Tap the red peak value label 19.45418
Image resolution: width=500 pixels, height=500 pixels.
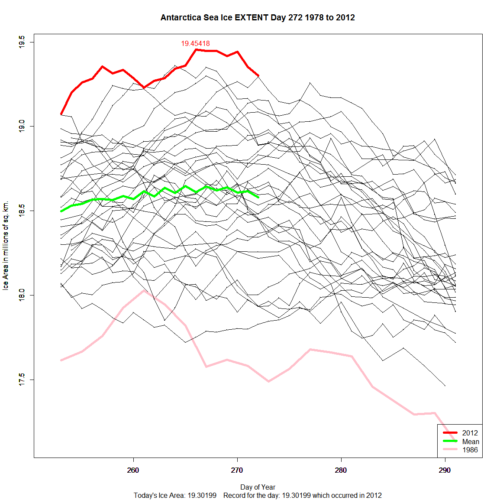click(195, 43)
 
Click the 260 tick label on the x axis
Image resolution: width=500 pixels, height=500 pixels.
click(133, 471)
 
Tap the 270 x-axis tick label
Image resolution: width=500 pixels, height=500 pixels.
click(237, 471)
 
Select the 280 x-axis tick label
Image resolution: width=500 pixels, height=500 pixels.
click(341, 471)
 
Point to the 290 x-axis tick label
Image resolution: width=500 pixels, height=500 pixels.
click(445, 471)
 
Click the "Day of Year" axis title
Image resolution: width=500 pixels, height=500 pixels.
click(258, 487)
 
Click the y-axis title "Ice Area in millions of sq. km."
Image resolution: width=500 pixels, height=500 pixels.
click(6, 246)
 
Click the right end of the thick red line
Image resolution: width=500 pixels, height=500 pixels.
click(258, 76)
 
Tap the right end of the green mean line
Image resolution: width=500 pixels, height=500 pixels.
click(258, 197)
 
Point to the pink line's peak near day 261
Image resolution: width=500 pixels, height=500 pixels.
click(144, 290)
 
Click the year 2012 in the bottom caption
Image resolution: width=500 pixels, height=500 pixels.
click(374, 495)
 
